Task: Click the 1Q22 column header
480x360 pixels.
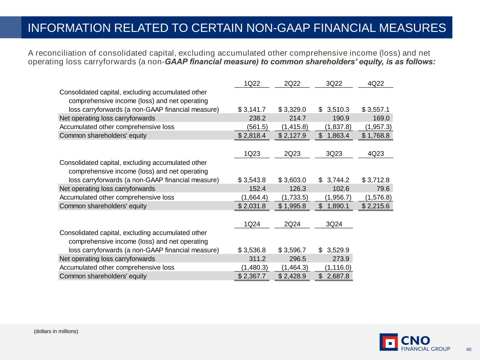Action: click(x=252, y=83)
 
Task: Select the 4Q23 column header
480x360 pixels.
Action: click(x=376, y=154)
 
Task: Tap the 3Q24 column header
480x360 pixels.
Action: click(x=334, y=224)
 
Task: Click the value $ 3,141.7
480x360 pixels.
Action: click(x=252, y=109)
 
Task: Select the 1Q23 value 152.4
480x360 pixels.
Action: click(x=257, y=188)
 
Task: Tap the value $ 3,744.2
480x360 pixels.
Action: click(x=334, y=180)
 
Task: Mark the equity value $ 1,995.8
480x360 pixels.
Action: click(x=292, y=206)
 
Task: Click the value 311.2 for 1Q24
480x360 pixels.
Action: click(x=257, y=259)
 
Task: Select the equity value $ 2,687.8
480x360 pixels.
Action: click(x=334, y=276)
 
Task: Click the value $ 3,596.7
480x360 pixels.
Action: click(x=292, y=250)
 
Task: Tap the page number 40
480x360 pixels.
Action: click(x=468, y=349)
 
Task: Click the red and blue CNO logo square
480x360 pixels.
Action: click(x=389, y=342)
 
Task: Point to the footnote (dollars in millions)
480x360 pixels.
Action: click(x=56, y=331)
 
